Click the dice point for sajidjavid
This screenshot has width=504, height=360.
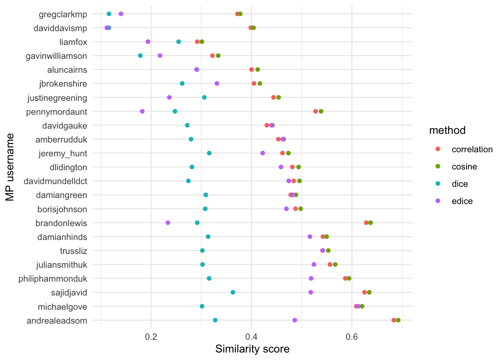coord(233,292)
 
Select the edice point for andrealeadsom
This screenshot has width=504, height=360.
coord(295,320)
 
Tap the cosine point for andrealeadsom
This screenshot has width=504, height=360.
coord(398,320)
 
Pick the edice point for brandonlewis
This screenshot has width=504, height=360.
coord(168,223)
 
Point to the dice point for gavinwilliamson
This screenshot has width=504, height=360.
coord(140,55)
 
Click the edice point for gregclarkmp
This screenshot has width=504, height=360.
coord(121,14)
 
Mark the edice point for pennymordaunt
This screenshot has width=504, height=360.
coord(142,111)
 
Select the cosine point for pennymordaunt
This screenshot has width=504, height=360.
coord(321,111)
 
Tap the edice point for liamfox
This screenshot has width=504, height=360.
coord(148,42)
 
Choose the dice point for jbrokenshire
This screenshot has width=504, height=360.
coord(182,83)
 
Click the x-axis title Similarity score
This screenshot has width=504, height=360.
coord(252,349)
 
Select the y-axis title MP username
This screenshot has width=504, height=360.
coord(10,167)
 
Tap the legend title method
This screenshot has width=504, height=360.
coord(447,130)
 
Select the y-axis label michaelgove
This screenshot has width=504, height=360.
coord(63,307)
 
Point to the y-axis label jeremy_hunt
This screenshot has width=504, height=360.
coord(63,153)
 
